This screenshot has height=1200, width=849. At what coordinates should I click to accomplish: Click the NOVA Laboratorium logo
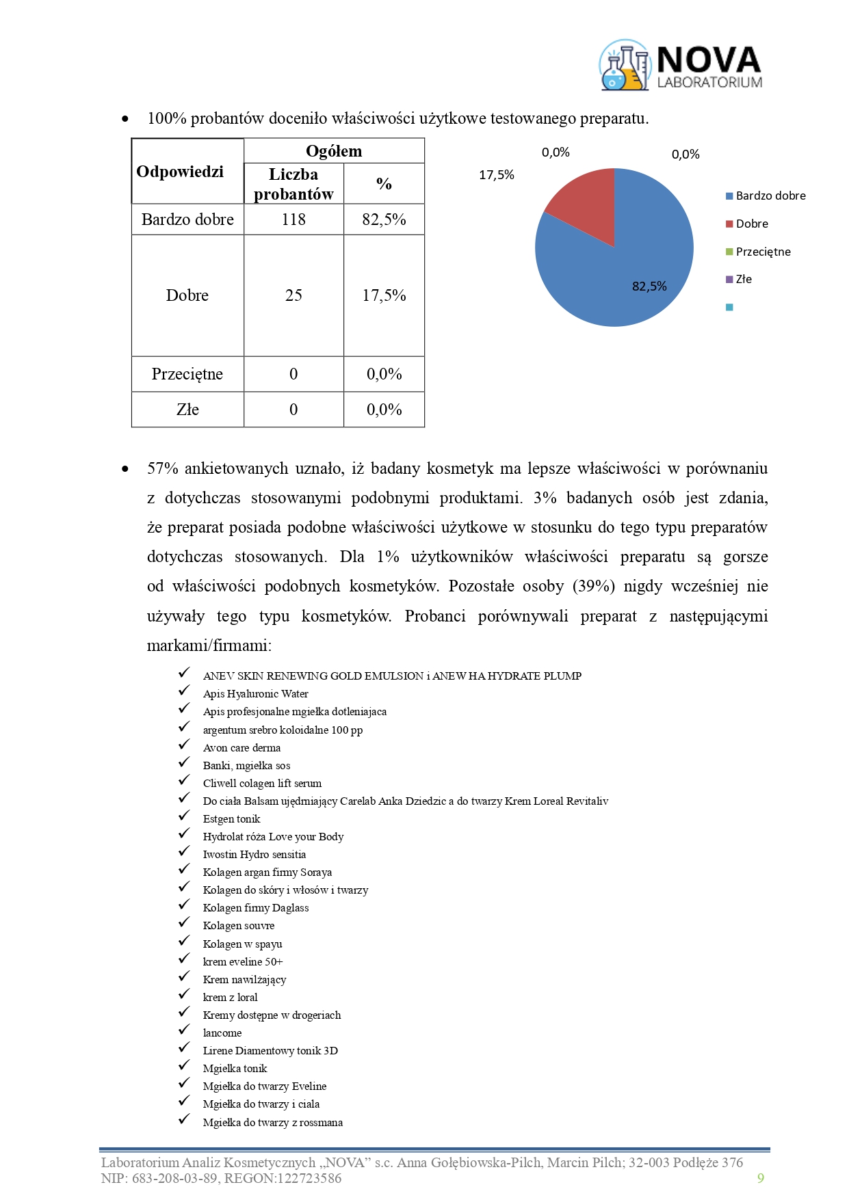(681, 66)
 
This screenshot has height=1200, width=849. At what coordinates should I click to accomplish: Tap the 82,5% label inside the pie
(649, 286)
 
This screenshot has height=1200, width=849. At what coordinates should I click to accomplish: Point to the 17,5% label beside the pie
(497, 175)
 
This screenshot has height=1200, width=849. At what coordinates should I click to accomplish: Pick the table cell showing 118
(293, 219)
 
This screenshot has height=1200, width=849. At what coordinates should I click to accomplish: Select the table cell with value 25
(293, 295)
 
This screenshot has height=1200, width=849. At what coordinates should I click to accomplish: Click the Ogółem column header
(334, 151)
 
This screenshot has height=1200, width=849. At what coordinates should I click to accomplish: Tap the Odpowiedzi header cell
(180, 172)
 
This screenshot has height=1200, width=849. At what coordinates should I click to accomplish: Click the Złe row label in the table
(187, 410)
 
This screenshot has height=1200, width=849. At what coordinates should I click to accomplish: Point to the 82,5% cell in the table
(384, 219)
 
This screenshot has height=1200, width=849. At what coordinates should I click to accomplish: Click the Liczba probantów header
(293, 184)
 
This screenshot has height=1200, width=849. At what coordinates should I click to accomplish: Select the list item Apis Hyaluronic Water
(255, 694)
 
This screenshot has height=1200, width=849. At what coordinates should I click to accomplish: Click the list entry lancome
(222, 1033)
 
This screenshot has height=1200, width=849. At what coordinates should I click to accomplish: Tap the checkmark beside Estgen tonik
(184, 816)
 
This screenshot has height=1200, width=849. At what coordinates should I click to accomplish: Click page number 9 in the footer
(761, 1178)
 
